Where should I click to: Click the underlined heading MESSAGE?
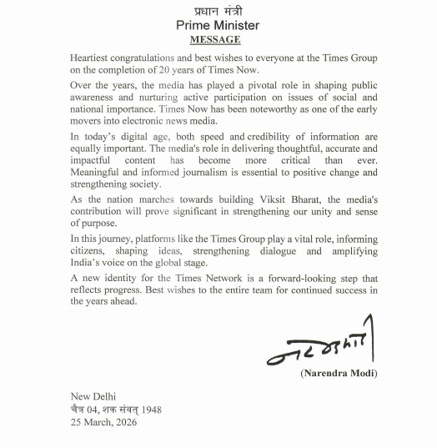(x=215, y=39)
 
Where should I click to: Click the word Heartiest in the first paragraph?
(x=94, y=58)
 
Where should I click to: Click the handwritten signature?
(x=320, y=345)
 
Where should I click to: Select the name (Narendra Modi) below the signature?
(x=338, y=373)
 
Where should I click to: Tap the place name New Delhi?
(x=93, y=396)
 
